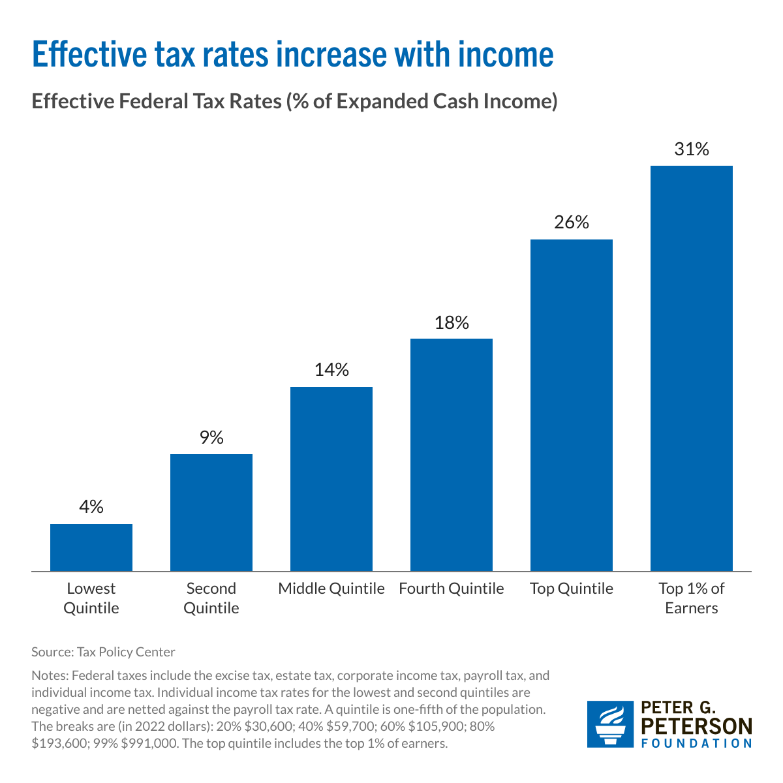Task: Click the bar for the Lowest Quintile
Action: tap(91, 547)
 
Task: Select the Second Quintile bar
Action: tap(211, 512)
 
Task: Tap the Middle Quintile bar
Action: tap(331, 479)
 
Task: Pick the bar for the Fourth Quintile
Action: tap(452, 455)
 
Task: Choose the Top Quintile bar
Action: tap(572, 405)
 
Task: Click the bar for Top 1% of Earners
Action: tap(692, 369)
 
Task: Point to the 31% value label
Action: tap(692, 149)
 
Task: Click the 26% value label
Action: tap(572, 223)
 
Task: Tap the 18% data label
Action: tap(452, 322)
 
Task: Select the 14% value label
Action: tap(331, 370)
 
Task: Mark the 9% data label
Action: tap(211, 437)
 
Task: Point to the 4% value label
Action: tap(91, 507)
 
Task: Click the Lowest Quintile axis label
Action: tap(91, 598)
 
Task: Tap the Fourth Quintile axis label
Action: tap(452, 589)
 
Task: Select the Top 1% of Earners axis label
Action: tap(692, 598)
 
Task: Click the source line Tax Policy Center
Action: tap(103, 652)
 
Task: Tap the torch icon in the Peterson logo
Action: tap(611, 724)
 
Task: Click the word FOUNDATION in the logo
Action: tap(697, 743)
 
